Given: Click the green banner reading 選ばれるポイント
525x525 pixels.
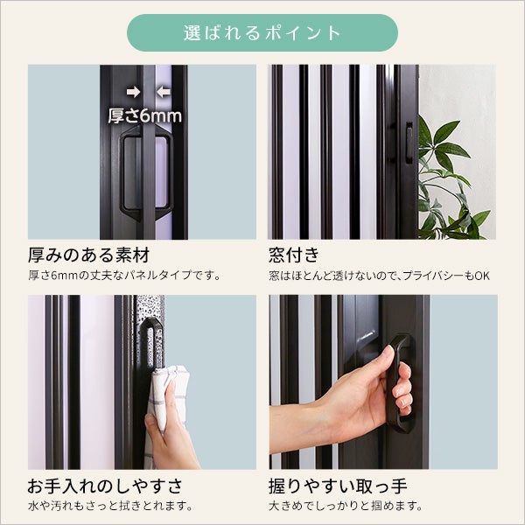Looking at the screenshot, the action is [262, 33].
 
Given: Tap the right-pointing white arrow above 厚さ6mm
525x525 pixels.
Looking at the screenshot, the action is [133, 92].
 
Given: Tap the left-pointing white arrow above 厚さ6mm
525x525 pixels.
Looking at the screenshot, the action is [164, 92].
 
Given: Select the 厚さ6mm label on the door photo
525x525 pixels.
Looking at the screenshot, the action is [144, 115].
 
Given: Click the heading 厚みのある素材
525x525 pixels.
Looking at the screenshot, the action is [88, 255].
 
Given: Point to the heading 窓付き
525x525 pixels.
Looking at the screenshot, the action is [294, 255].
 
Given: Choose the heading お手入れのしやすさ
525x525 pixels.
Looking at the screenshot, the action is [105, 486].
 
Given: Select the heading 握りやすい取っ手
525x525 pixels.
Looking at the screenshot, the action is [338, 486].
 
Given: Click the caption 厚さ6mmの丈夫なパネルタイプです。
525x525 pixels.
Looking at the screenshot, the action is [124, 276].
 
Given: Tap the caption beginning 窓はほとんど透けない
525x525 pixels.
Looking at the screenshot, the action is [379, 276].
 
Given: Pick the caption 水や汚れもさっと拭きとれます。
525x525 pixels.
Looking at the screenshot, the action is [110, 506].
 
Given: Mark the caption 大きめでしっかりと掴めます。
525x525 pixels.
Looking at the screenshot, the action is [346, 506].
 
